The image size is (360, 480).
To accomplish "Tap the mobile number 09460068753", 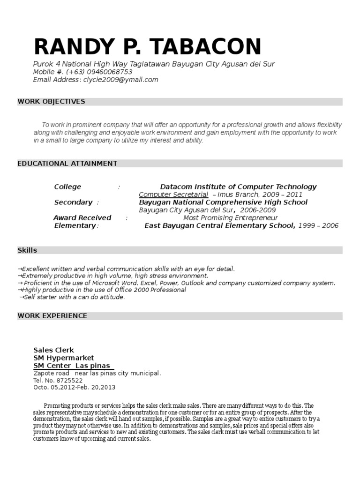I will (109, 72).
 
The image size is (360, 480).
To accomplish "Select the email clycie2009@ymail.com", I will (120, 80).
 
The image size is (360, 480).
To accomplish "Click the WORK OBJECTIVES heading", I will (52, 101).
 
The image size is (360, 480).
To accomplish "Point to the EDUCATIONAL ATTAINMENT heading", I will (67, 163).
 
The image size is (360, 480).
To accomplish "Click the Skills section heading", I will (27, 250).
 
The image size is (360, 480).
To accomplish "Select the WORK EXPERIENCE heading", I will (52, 315).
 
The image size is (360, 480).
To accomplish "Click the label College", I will (67, 187).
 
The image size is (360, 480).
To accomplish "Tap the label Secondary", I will (73, 202).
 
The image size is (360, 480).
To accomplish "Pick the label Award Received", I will (82, 217).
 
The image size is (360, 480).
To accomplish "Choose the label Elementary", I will (75, 225).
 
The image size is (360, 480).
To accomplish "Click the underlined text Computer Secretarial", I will (173, 195).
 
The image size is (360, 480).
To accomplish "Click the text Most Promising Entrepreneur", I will (230, 217).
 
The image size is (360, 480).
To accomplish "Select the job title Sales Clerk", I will (54, 350).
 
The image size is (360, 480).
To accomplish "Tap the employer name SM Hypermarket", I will (64, 358).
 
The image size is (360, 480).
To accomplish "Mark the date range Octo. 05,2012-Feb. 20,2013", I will (74, 388).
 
